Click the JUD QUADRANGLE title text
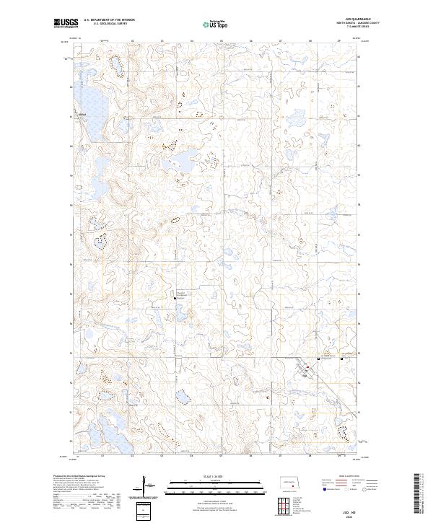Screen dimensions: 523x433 pos(349,20)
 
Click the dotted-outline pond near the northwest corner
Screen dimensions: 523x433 pos(114,69)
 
